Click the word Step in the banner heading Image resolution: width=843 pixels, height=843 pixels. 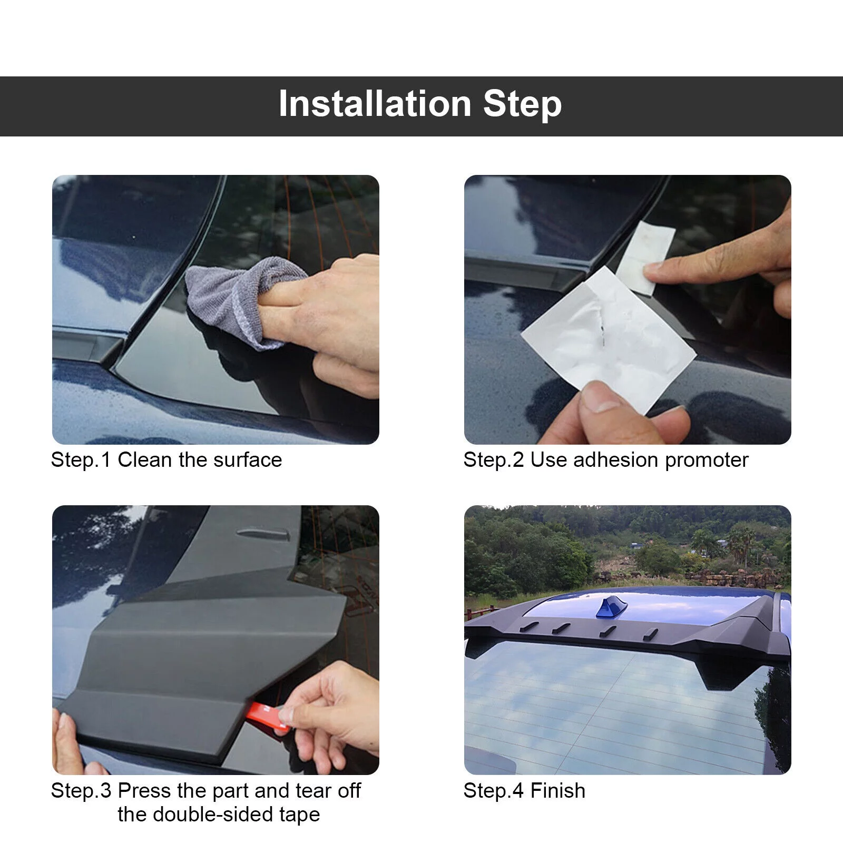click(x=522, y=104)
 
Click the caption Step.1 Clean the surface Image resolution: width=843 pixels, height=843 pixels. click(x=166, y=460)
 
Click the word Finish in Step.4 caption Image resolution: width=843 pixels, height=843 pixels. click(x=557, y=791)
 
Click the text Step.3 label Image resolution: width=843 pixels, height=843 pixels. click(x=81, y=791)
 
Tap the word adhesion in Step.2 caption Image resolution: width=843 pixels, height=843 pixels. click(x=616, y=460)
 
